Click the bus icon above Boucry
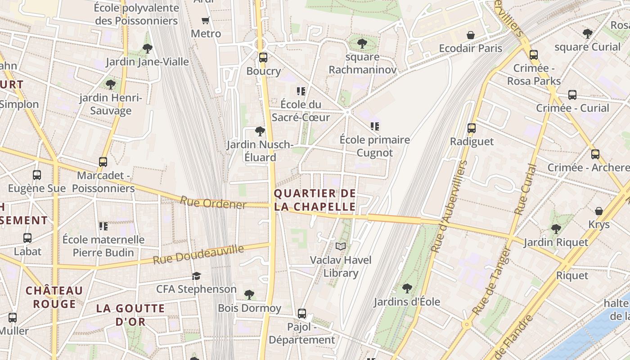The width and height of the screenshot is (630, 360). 263,58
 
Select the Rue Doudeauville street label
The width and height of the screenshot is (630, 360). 198,255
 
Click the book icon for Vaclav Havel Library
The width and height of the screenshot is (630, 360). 341,247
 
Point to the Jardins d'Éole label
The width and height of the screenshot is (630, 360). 407,301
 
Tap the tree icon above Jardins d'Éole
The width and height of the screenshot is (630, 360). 407,288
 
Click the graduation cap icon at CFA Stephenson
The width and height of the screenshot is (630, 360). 196,276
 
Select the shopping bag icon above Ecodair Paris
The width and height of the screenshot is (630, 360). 470,35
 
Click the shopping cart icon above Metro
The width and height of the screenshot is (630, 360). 206,20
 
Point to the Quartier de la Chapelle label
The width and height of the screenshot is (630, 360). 315,200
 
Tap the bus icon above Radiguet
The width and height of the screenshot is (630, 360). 472,128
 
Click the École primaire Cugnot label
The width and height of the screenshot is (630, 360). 375,146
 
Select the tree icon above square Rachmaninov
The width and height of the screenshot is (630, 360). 362,44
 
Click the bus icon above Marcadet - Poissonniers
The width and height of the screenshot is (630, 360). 103,162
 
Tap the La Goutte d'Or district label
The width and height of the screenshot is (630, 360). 130,315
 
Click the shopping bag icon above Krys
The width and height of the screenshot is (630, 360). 599,211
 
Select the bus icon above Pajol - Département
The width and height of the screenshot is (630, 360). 302,314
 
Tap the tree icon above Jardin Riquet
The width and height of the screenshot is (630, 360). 556,229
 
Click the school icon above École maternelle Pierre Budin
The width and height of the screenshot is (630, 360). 103,226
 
